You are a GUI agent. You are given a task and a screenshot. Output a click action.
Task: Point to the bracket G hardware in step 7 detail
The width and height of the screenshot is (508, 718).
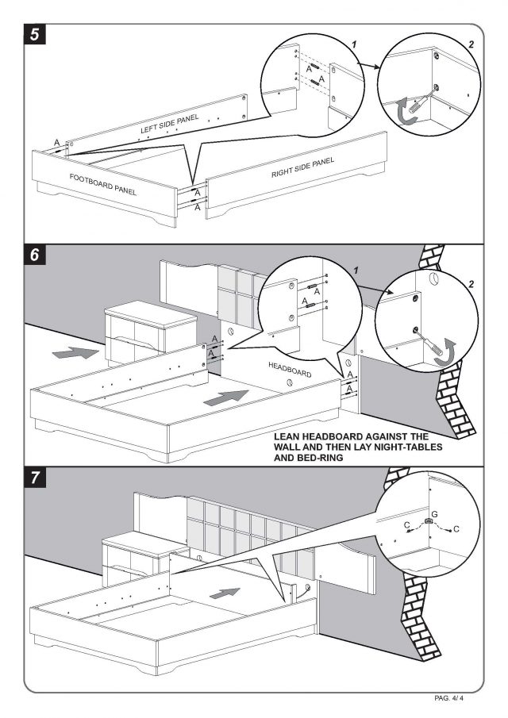point(428,522)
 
